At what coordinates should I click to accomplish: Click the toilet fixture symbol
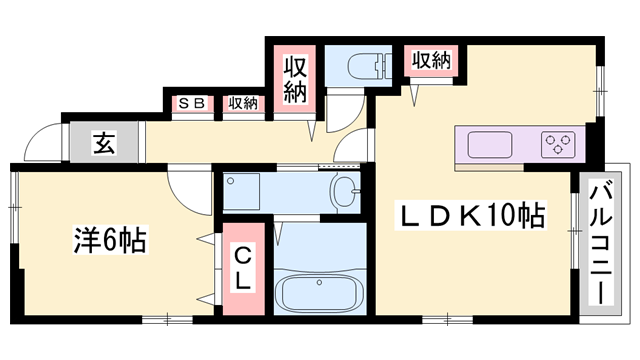[370, 65]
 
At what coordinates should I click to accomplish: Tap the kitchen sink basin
[490, 144]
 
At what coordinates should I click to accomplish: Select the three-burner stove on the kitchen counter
[558, 144]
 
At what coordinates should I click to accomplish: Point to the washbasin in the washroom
[347, 191]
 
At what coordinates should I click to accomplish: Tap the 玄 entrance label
[104, 142]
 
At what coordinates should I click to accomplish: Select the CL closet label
[242, 268]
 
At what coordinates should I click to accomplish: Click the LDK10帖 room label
[470, 215]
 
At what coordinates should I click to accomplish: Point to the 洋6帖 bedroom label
[110, 239]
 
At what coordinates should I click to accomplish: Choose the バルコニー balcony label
[601, 244]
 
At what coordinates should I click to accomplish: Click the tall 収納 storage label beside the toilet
[295, 80]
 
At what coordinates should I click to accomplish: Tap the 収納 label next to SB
[243, 103]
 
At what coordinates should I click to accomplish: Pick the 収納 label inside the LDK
[431, 60]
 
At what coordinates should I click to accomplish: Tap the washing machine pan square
[242, 191]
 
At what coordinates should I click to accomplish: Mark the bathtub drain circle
[319, 282]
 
